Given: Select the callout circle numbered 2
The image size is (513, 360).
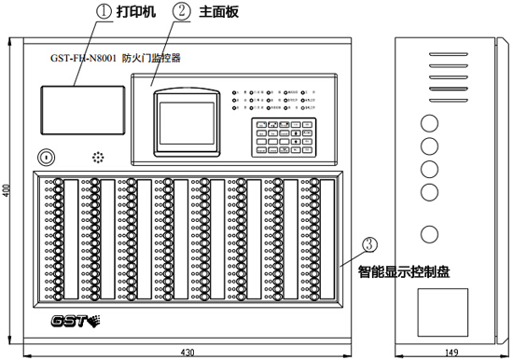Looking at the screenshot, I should pyautogui.click(x=182, y=13).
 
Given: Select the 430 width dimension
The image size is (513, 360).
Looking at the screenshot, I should pyautogui.click(x=187, y=352).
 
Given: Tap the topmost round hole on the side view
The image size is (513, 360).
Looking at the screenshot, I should pyautogui.click(x=430, y=122).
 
